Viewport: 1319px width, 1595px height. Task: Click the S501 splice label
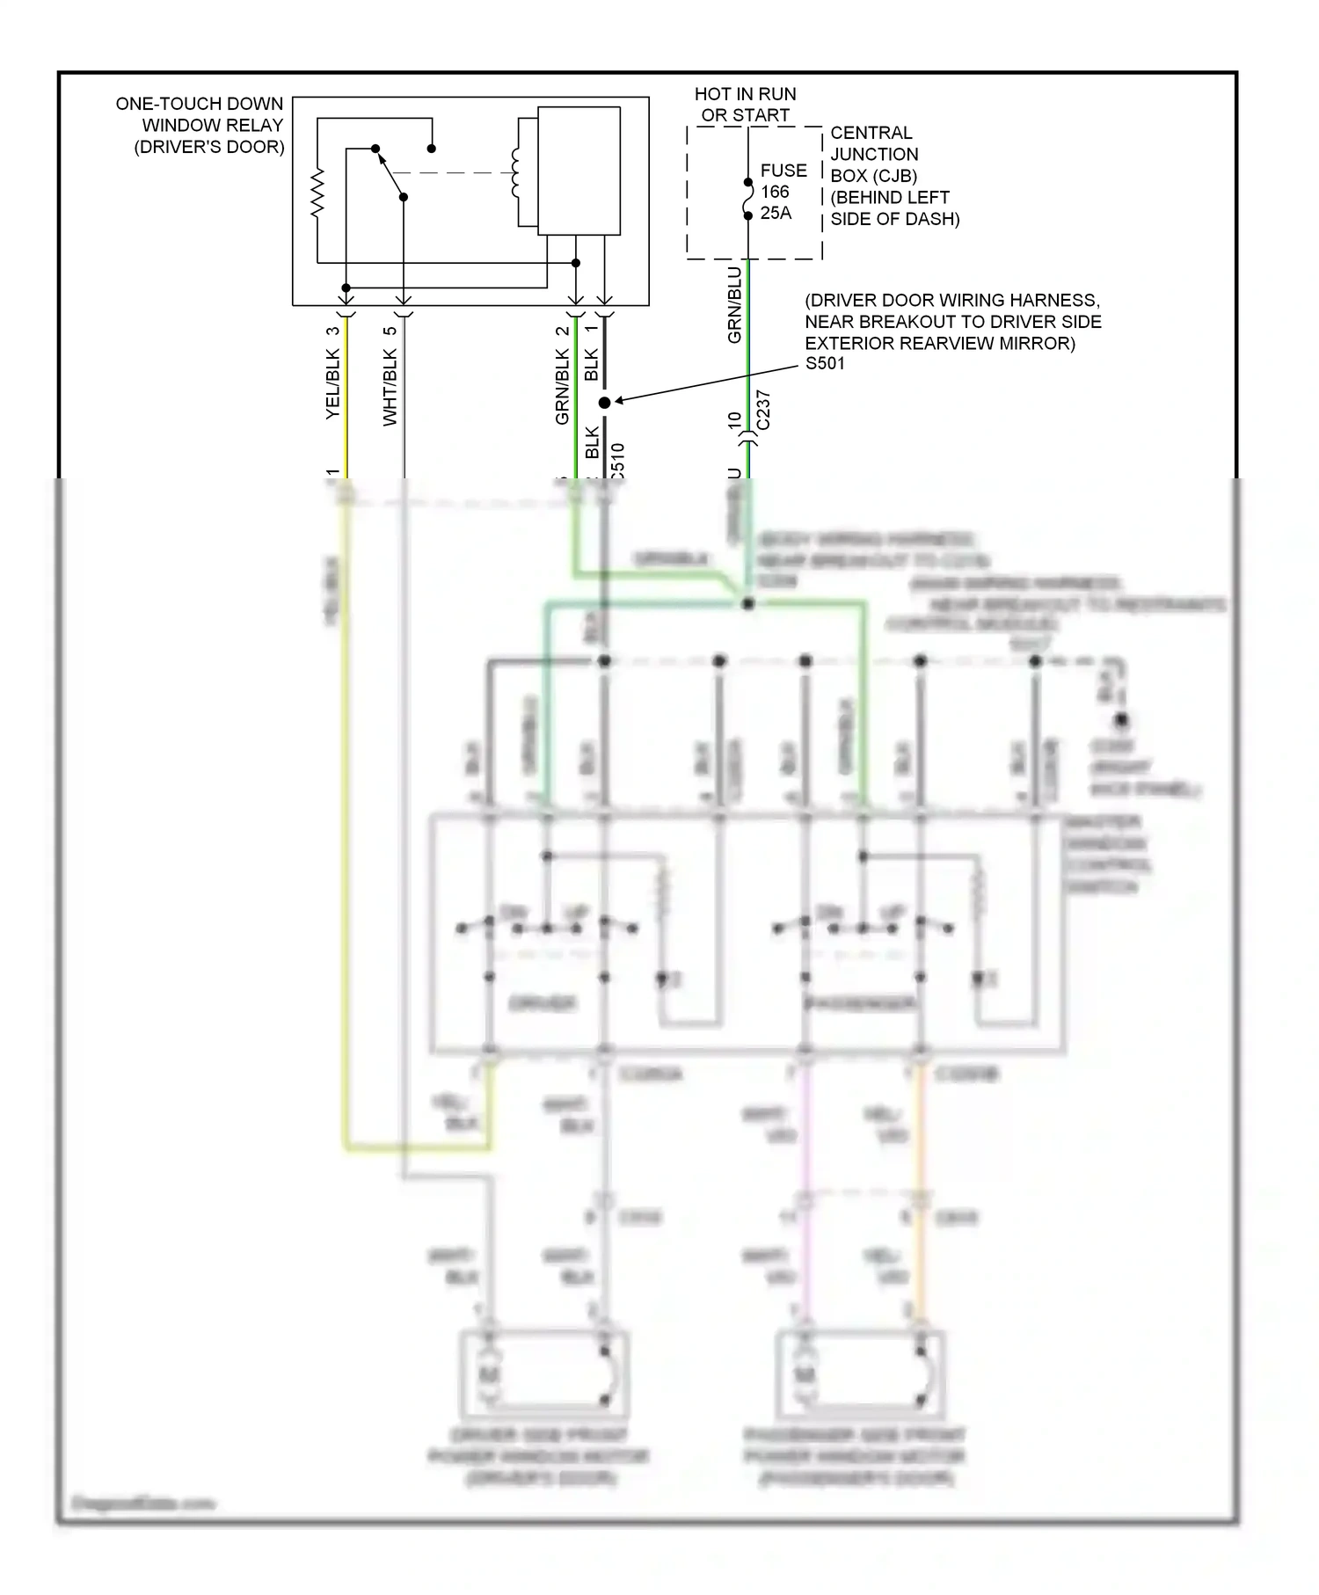point(825,363)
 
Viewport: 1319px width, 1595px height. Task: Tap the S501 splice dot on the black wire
point(604,403)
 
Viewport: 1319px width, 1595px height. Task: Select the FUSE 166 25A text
point(783,192)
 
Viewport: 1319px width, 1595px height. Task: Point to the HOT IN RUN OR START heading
point(745,105)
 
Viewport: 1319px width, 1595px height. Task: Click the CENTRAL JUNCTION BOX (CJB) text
point(893,176)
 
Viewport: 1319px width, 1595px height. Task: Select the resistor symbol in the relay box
point(317,193)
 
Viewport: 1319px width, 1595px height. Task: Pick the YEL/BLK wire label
point(332,384)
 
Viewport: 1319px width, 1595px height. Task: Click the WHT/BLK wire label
point(390,387)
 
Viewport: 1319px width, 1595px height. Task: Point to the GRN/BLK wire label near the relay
point(563,387)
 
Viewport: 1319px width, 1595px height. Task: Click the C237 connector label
point(763,411)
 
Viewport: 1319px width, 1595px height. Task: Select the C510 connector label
point(617,461)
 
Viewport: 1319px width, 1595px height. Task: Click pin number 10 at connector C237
point(735,420)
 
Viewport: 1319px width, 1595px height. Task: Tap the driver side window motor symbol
point(489,1373)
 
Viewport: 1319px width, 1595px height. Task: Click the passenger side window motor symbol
point(804,1373)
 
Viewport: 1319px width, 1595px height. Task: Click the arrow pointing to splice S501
point(703,384)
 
